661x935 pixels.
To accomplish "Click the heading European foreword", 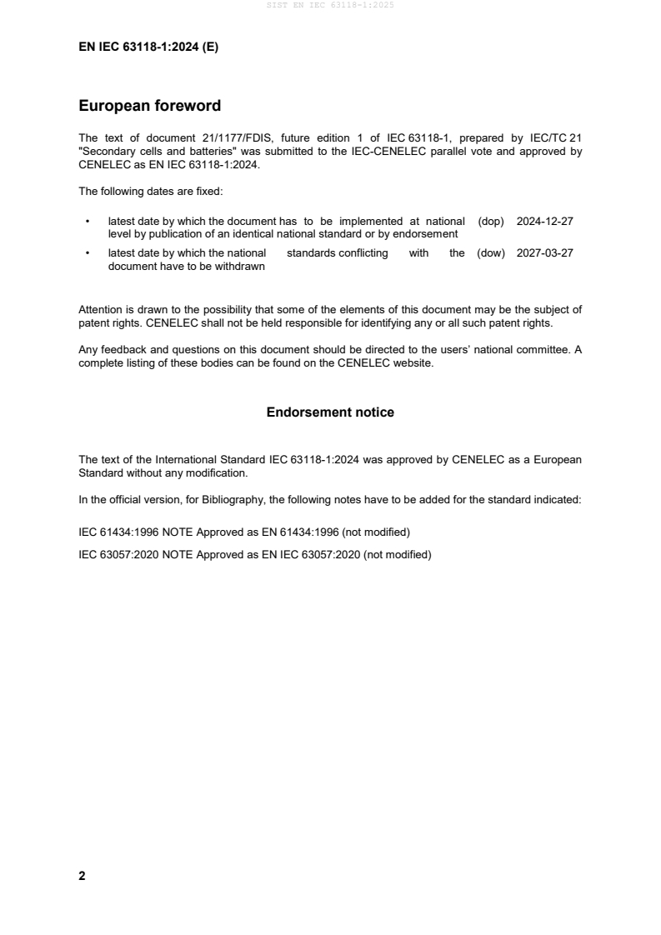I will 149,106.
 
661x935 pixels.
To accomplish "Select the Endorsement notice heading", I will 330,412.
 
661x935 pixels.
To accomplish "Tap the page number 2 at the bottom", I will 82,876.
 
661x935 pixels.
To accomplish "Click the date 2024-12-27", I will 544,222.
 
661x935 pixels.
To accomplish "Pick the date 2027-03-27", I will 544,253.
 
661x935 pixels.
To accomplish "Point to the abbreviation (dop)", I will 492,222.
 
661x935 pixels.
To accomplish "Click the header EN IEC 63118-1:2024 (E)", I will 148,47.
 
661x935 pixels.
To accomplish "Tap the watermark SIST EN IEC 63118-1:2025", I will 330,5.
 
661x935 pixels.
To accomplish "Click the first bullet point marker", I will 88,222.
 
